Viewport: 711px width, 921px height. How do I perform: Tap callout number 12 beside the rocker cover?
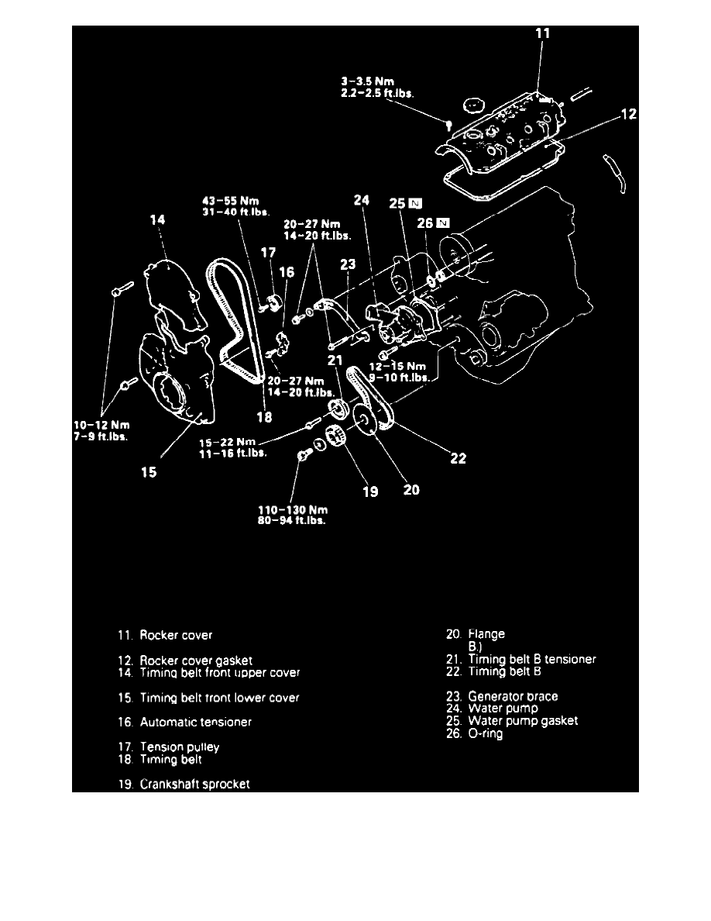(628, 115)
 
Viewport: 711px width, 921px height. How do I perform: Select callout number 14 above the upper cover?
(158, 221)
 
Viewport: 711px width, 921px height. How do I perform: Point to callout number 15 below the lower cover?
(148, 471)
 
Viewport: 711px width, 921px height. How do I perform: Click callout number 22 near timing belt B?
(459, 458)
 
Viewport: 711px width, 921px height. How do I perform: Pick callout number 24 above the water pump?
(361, 200)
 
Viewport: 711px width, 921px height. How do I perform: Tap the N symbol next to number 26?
(442, 223)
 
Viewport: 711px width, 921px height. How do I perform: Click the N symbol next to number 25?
(417, 204)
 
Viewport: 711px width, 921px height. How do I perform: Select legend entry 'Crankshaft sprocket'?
(194, 784)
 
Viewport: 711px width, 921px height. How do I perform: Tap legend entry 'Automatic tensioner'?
(195, 722)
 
